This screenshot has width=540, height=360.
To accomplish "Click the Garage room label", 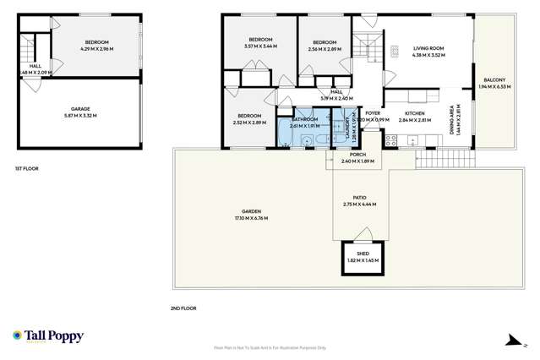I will tap(81, 111).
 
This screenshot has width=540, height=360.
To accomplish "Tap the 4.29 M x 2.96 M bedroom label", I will tap(96, 45).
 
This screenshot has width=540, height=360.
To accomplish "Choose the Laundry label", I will tap(347, 128).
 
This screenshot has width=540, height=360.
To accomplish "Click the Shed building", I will tap(361, 256).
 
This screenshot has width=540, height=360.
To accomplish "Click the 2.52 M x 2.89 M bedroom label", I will tap(249, 119).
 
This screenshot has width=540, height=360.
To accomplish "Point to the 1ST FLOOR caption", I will tap(26, 168).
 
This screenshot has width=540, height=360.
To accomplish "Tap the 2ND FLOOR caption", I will tap(183, 308).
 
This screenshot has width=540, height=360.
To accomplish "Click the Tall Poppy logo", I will tap(48, 335).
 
